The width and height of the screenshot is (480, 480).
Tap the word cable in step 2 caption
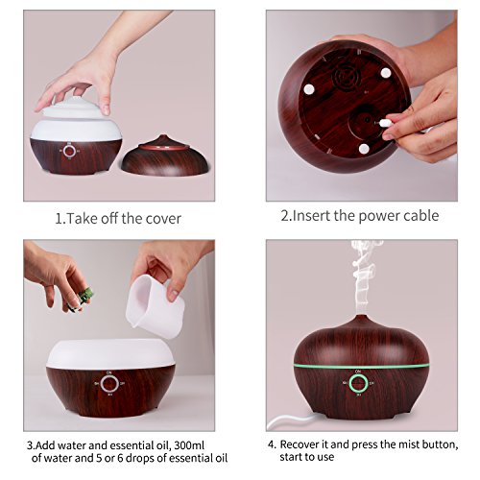point(420,215)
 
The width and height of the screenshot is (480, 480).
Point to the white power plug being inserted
point(386,123)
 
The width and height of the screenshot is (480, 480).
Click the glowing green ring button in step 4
point(357,383)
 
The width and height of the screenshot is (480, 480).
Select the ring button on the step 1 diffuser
point(69,151)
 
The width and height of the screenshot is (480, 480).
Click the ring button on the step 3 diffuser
point(108,384)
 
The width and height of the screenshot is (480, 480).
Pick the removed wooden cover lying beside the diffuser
point(165,157)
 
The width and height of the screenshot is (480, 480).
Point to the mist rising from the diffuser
point(365,276)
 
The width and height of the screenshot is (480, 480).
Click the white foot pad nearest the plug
point(364,149)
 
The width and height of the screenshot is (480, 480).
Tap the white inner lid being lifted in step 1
point(76,117)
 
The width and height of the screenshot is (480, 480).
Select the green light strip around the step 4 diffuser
point(362,367)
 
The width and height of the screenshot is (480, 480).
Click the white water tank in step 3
point(110,354)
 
